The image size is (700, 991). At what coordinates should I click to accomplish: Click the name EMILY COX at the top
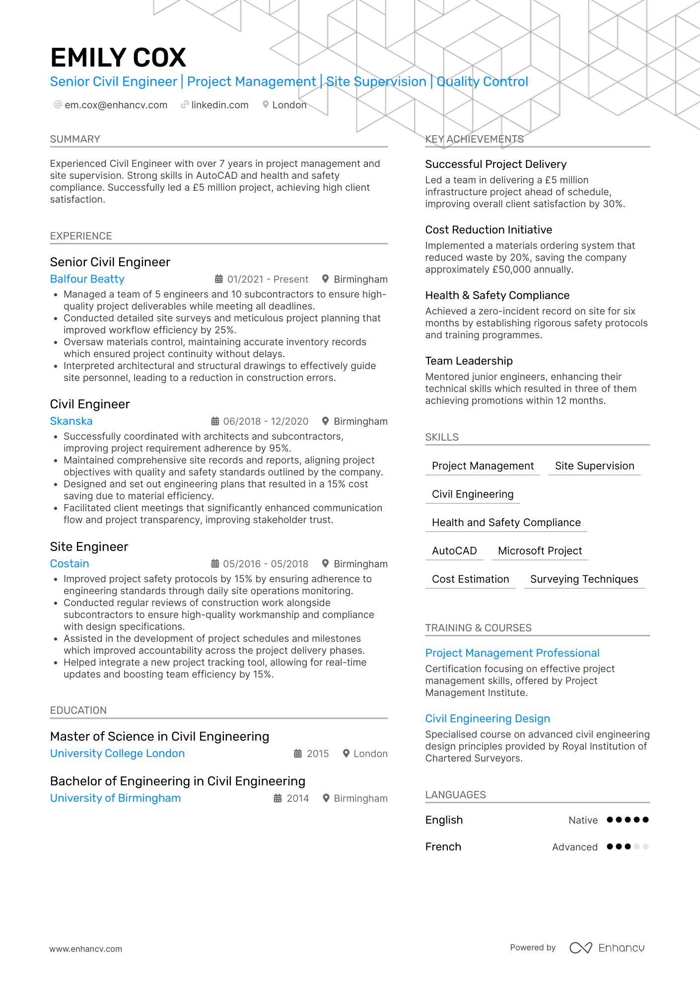tap(118, 58)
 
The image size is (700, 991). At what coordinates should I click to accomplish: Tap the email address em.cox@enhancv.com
tap(116, 105)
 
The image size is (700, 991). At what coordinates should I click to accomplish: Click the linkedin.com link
tap(219, 105)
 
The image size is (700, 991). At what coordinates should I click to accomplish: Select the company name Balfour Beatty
tap(87, 279)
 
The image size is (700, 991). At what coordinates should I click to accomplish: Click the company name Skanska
tap(71, 421)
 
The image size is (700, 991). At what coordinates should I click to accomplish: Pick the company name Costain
tap(70, 564)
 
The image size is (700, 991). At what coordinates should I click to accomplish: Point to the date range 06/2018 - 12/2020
tap(266, 421)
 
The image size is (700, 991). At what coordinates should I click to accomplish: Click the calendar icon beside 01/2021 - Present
tap(218, 279)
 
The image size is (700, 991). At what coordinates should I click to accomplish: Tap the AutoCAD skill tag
tap(454, 551)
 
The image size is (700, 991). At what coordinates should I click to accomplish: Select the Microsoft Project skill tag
tap(540, 551)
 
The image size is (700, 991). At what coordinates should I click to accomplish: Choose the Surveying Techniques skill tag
tap(584, 579)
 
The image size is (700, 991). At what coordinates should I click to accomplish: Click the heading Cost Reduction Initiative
tap(489, 229)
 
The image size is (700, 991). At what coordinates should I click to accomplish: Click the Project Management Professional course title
tap(512, 653)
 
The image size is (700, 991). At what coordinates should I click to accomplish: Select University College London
tap(117, 754)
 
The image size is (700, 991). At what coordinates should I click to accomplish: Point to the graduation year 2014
tap(298, 798)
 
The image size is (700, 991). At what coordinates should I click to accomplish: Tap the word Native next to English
tap(583, 820)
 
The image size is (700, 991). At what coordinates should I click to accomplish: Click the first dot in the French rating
tap(610, 846)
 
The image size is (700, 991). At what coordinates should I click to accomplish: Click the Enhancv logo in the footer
tap(607, 948)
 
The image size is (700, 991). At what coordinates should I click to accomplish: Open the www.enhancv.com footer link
tap(85, 949)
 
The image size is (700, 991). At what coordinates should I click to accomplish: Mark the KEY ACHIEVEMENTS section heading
tap(474, 139)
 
